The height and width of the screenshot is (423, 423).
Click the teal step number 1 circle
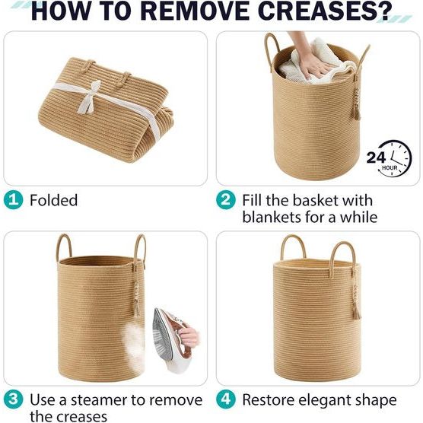(x=13, y=200)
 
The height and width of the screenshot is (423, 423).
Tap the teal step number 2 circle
(x=226, y=200)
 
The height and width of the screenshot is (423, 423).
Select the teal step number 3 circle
(x=13, y=399)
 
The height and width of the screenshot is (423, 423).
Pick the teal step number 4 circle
(x=226, y=399)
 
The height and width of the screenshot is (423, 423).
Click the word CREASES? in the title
(x=325, y=11)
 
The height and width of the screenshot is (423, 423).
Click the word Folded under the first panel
(x=54, y=200)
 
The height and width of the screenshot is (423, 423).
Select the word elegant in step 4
(x=326, y=401)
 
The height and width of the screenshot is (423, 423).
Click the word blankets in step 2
(x=272, y=217)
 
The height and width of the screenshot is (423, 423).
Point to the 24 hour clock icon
(x=390, y=158)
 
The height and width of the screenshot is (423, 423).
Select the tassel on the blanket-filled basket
(x=355, y=104)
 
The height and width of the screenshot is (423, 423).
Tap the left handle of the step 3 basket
(x=64, y=246)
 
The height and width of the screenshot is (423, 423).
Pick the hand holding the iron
(x=189, y=335)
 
